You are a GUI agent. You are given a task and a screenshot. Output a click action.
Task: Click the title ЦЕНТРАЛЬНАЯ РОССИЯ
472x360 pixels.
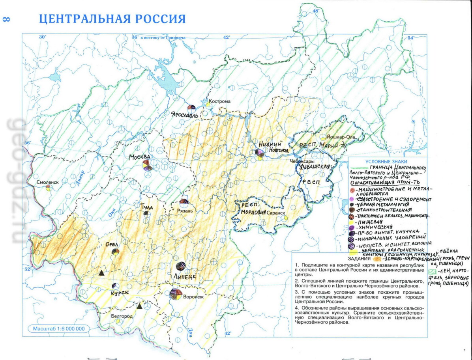[112, 19]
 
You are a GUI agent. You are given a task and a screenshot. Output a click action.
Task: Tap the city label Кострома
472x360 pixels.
[219, 101]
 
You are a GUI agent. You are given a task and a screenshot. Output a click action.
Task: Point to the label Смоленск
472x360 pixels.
[47, 182]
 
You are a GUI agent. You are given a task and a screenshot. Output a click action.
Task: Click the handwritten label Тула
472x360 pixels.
[146, 206]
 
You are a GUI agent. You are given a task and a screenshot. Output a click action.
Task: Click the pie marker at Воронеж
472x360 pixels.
[176, 294]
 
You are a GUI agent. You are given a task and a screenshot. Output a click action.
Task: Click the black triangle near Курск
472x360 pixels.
[101, 273]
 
